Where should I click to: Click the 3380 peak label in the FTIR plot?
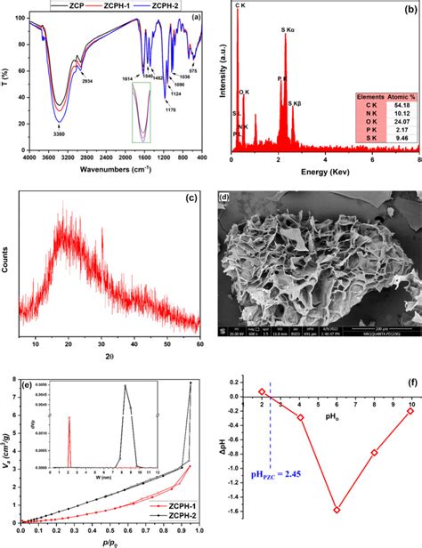57,137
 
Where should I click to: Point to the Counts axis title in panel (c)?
10,262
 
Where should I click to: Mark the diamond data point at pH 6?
337,510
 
